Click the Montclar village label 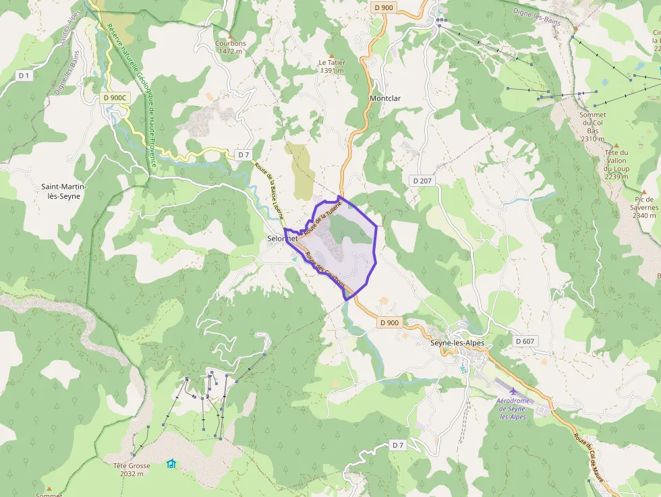click(x=385, y=98)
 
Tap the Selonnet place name click(x=283, y=239)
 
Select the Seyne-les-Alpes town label click(x=457, y=343)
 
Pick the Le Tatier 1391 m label click(x=332, y=66)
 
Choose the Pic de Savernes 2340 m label click(x=644, y=207)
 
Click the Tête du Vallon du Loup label click(x=616, y=165)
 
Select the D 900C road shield click(x=115, y=98)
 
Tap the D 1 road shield click(x=24, y=76)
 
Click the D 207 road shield click(x=422, y=181)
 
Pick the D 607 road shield click(x=525, y=341)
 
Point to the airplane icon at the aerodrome click(x=513, y=391)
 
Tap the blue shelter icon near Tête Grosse click(x=171, y=464)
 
